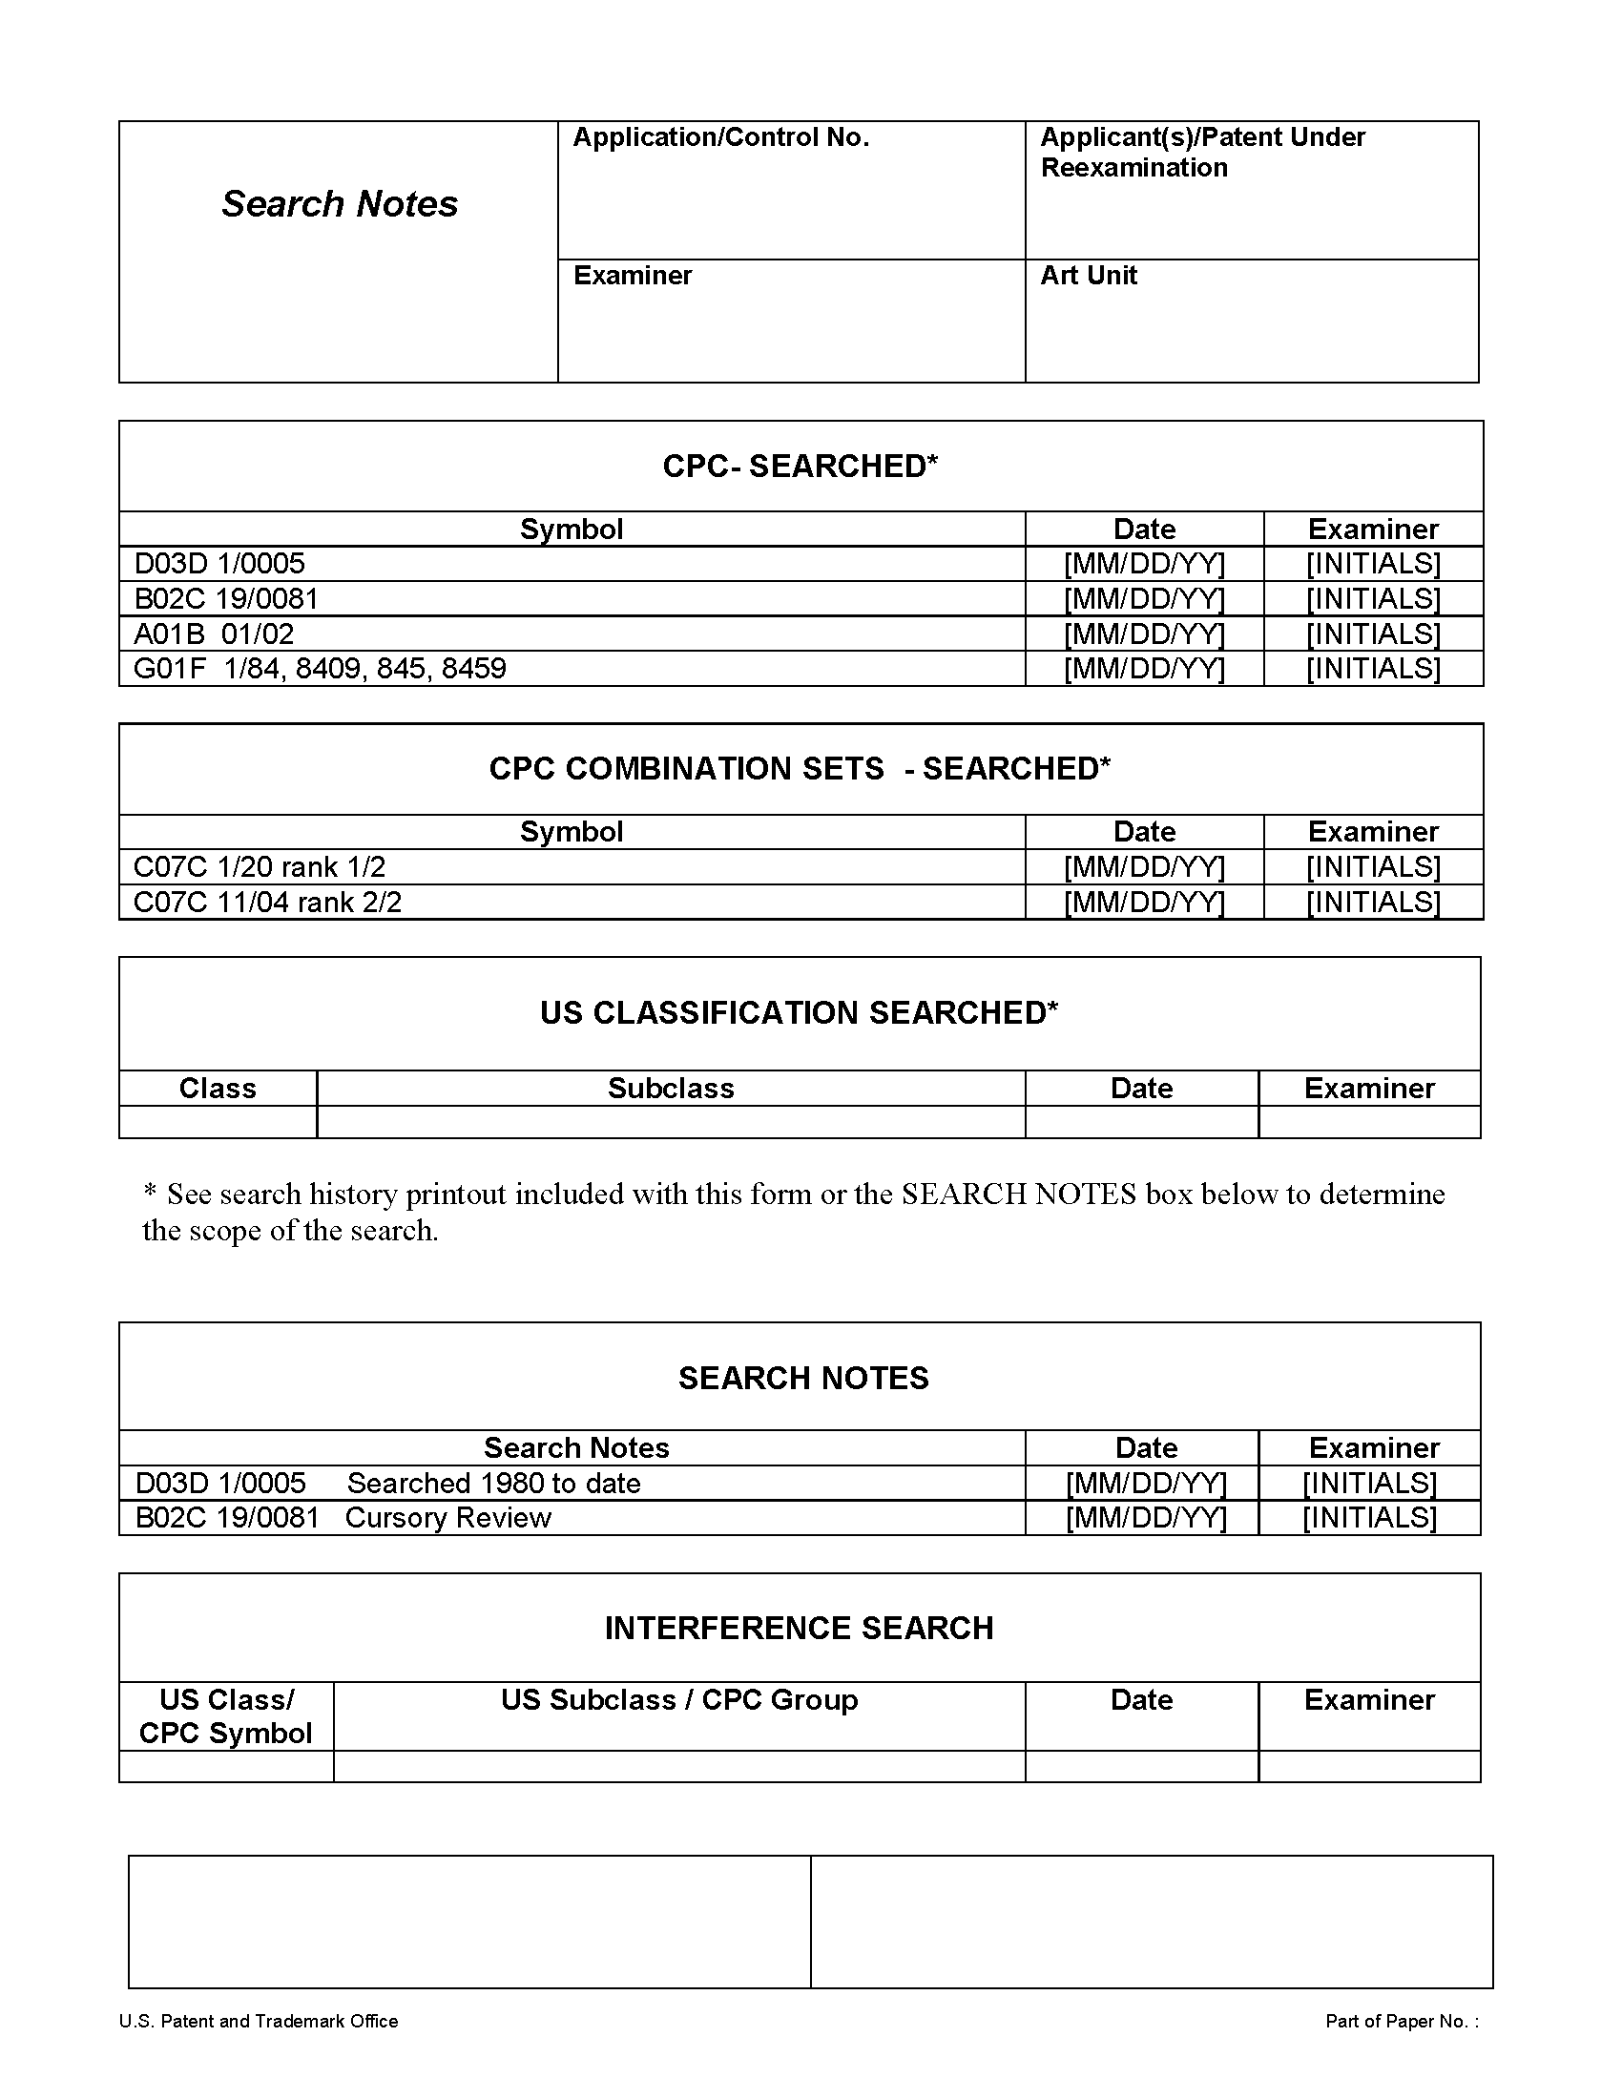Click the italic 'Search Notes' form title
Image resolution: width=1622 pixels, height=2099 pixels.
340,204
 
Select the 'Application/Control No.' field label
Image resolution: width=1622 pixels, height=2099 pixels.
720,137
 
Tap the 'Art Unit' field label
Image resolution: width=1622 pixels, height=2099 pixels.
1088,276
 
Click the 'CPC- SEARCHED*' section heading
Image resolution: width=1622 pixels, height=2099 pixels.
800,467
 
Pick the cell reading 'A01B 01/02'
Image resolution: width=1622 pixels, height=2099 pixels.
214,634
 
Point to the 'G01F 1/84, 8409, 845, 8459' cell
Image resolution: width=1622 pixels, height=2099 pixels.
319,669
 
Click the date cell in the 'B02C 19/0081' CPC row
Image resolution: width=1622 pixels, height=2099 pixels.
1143,600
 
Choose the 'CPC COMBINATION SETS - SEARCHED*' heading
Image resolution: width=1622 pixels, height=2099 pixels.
800,769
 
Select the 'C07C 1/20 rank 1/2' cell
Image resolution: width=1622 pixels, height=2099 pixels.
259,868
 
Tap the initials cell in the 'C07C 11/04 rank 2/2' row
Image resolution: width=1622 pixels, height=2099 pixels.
1372,903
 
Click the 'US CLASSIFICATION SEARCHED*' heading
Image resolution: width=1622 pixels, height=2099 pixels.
799,1013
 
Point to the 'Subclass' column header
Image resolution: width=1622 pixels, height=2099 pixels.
671,1089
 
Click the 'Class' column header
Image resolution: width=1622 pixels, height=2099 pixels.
218,1089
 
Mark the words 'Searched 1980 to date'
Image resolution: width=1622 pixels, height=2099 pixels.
494,1484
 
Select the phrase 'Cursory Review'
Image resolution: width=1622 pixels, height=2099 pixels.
447,1519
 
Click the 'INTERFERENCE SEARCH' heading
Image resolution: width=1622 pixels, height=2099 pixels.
799,1629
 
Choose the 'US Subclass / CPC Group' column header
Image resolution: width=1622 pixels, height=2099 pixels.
678,1700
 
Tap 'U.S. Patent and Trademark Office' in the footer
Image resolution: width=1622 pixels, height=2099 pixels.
258,2022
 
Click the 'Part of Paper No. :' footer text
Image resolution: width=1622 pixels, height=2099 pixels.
1401,2022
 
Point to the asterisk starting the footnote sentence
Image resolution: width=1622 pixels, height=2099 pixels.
150,1193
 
